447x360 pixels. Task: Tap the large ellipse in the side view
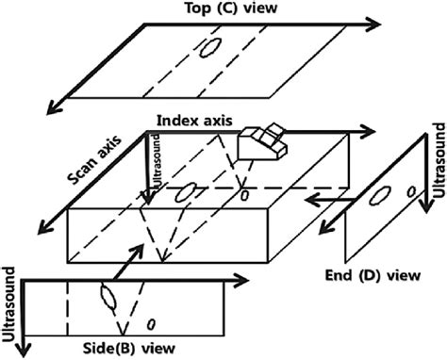click(108, 301)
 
